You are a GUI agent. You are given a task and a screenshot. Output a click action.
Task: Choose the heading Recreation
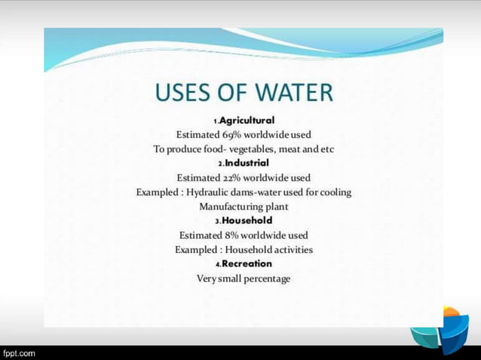pos(247,264)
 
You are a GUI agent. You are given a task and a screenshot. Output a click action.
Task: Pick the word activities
pos(292,249)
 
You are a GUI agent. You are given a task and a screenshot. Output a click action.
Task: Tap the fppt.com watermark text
pos(18,352)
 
